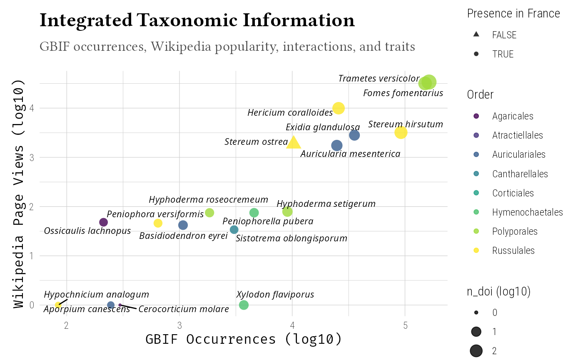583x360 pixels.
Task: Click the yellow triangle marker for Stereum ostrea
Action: pos(294,143)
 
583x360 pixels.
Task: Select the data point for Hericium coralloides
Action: pos(339,108)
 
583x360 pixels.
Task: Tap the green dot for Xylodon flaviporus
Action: pos(244,305)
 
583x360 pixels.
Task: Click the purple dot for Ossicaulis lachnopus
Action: pos(104,222)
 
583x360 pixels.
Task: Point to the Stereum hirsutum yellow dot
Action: pos(401,133)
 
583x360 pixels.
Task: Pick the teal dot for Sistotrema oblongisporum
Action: pos(234,230)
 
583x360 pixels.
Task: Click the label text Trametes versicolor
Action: pos(379,78)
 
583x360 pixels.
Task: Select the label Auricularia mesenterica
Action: pos(350,154)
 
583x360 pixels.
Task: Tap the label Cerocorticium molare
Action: pos(184,309)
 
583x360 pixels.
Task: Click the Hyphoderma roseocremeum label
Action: pos(208,200)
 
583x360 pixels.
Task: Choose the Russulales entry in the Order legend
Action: pos(513,251)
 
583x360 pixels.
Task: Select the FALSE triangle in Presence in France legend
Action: pos(476,35)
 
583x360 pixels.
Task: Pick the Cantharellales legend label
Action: pos(520,174)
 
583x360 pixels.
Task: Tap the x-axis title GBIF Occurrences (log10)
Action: pos(244,339)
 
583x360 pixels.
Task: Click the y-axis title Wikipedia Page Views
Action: pos(20,194)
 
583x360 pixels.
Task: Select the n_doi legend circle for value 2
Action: pos(476,351)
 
